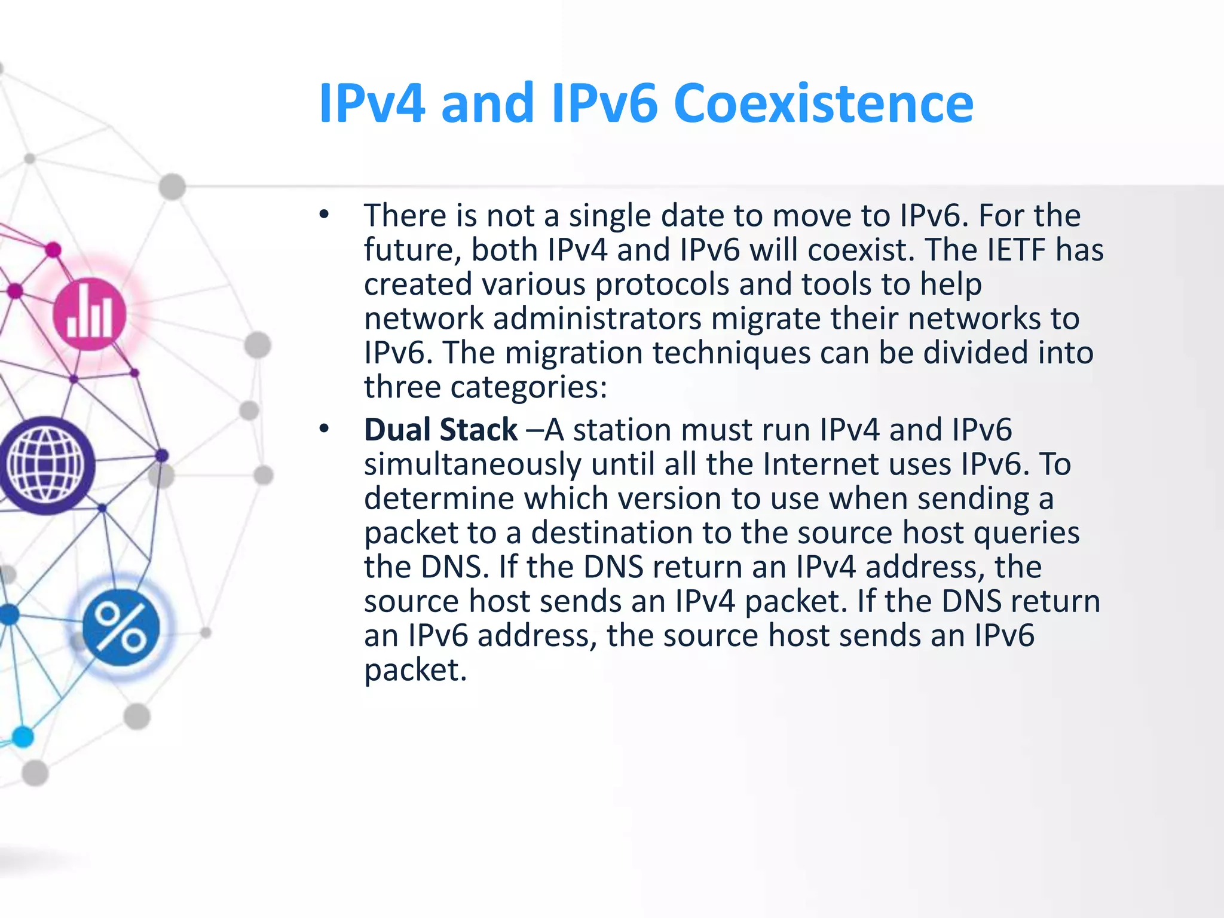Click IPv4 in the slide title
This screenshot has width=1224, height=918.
(x=372, y=103)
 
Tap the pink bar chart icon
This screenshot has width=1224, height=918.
(x=90, y=314)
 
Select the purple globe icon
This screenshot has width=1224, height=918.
(x=45, y=465)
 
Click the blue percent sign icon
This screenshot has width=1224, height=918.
(x=121, y=627)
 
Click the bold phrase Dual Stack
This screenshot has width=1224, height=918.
(x=440, y=430)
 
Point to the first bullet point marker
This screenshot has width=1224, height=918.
(x=324, y=215)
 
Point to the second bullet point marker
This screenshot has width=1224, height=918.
(x=324, y=429)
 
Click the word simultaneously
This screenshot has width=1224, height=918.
(x=472, y=464)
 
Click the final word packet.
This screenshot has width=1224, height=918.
(x=415, y=670)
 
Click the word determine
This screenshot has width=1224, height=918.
(x=439, y=498)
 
